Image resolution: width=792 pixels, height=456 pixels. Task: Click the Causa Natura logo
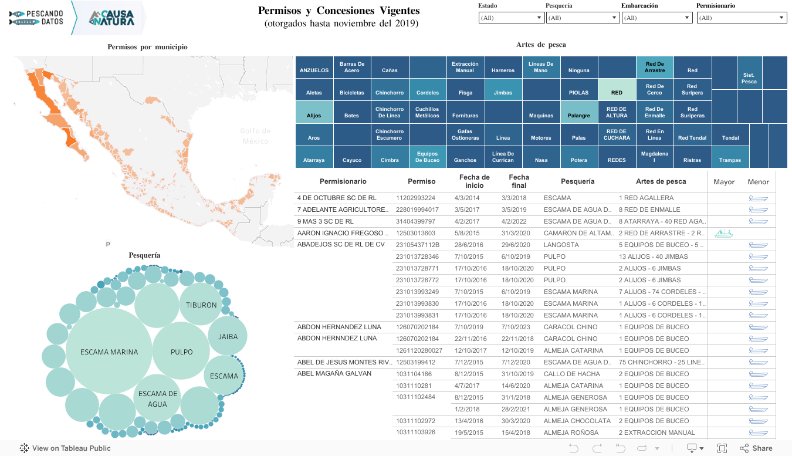pos(111,18)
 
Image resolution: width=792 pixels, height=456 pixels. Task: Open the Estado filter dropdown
pos(512,18)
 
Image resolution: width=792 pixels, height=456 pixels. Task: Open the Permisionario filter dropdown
pos(742,18)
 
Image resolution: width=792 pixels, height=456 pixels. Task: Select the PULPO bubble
pos(181,352)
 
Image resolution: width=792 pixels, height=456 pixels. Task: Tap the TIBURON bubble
pos(201,305)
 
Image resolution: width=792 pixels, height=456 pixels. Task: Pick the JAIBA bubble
pos(228,337)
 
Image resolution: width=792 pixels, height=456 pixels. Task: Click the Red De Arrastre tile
pos(654,67)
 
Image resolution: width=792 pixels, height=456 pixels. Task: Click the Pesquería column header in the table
pos(577,181)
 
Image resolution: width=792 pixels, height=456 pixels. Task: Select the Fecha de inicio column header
pos(474,181)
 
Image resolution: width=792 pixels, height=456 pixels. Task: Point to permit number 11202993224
pos(416,198)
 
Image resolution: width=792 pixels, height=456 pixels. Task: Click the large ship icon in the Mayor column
pos(723,233)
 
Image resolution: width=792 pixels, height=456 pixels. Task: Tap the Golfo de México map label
pos(255,136)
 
